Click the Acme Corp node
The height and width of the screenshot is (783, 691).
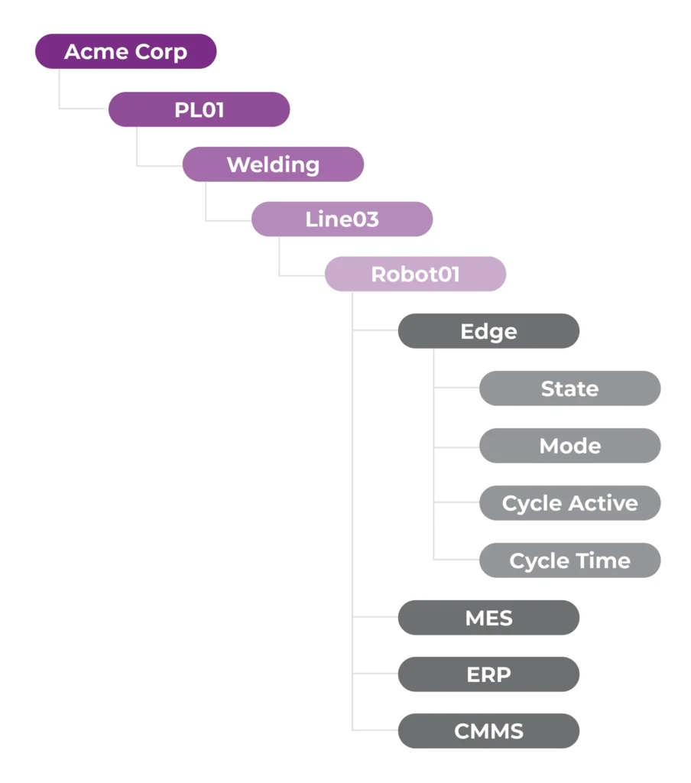126,52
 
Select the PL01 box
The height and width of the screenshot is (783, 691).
199,109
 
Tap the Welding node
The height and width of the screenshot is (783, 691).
273,164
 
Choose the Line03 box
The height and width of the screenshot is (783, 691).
342,219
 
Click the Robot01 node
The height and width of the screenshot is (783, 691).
415,275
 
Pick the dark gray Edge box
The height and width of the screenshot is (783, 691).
488,332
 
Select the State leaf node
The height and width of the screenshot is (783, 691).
569,388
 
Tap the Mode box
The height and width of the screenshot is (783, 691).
569,446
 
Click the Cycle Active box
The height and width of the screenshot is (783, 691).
569,503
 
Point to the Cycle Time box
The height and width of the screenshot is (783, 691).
569,560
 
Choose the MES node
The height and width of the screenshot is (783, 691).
488,618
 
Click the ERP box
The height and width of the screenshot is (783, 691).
488,674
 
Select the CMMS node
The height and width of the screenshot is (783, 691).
488,731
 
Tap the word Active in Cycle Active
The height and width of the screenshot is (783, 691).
603,503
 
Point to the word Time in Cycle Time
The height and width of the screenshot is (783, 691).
603,560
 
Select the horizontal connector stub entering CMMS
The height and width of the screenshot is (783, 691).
375,730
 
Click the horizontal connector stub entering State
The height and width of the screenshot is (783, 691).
456,388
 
